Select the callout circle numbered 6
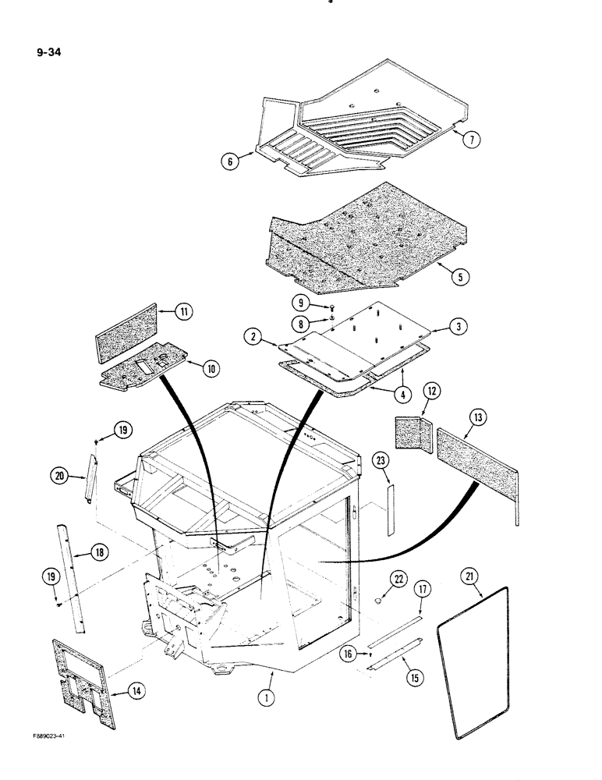click(228, 162)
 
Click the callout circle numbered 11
click(184, 312)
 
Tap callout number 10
click(211, 369)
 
